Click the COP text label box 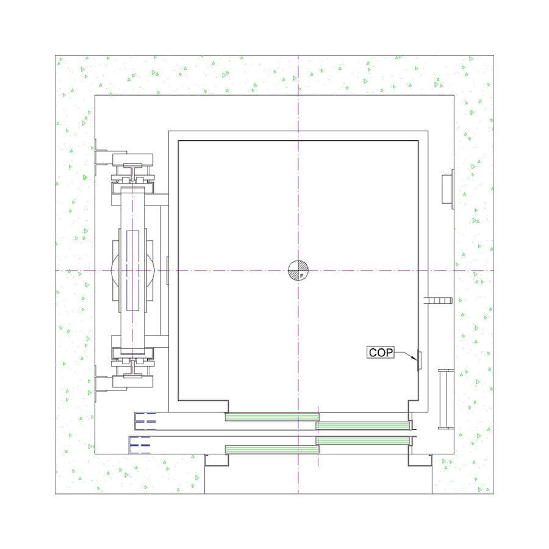click(x=381, y=352)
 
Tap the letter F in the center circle click(x=301, y=276)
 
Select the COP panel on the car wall click(x=419, y=360)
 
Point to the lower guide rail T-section click(x=132, y=368)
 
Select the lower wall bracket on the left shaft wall click(x=101, y=384)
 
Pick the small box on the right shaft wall click(x=448, y=189)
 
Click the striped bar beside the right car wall click(x=438, y=300)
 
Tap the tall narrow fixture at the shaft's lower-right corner click(x=446, y=399)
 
